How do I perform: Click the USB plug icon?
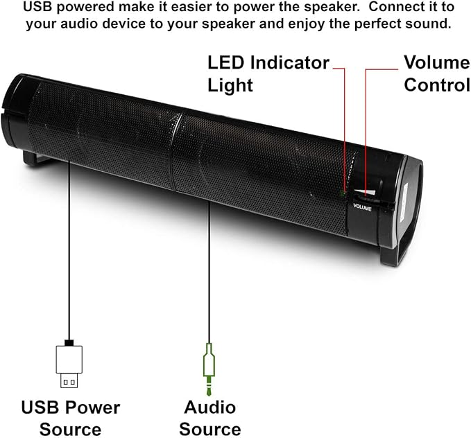pos(69,364)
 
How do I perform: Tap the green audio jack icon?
pos(209,370)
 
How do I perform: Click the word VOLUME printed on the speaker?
pos(362,207)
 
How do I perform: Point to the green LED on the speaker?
pos(342,193)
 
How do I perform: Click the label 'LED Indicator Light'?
pos(268,74)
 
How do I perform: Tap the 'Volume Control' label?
pos(437,74)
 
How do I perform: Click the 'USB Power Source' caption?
pos(70,418)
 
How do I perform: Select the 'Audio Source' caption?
pos(210,418)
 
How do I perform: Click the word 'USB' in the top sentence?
pos(37,7)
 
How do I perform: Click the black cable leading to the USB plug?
pos(69,249)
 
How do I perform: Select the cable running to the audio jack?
pos(209,272)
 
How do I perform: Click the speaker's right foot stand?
pos(393,255)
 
